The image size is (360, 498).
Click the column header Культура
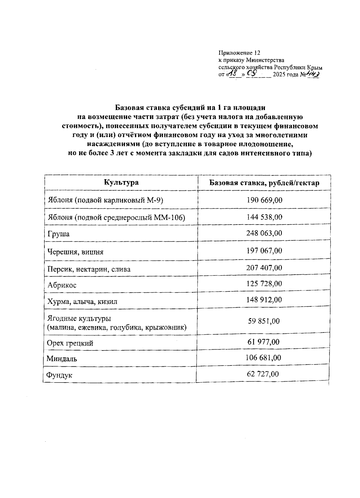click(121, 182)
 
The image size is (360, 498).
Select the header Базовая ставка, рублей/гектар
click(264, 183)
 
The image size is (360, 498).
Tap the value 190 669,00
click(264, 200)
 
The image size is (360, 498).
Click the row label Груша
click(58, 234)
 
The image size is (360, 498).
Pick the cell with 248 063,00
click(264, 233)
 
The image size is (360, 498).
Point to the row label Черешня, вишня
click(75, 252)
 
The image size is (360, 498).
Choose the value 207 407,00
click(264, 267)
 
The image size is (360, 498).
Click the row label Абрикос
click(62, 285)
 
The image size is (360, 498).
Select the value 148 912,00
click(264, 300)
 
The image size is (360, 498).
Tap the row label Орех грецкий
click(70, 343)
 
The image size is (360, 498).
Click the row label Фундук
click(59, 375)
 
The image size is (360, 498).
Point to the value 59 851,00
click(264, 321)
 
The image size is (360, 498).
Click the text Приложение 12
click(239, 53)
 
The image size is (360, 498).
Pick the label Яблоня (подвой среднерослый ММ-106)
click(116, 217)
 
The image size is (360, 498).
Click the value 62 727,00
click(263, 374)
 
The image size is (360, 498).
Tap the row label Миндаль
click(62, 359)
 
